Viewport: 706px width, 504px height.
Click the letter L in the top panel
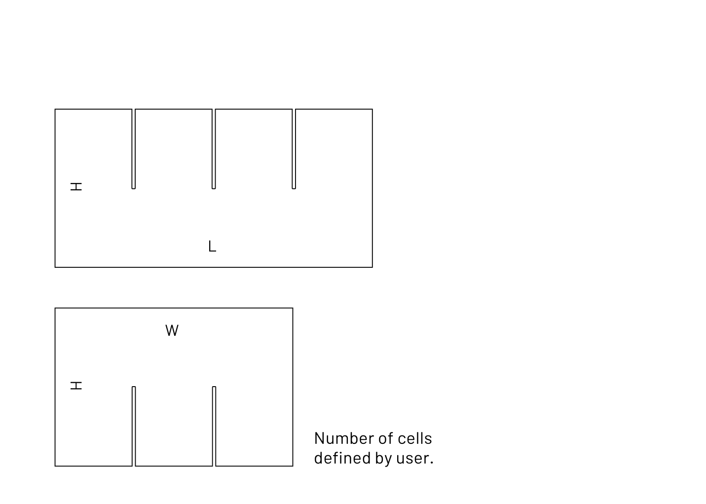(212, 246)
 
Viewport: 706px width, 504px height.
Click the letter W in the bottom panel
(172, 330)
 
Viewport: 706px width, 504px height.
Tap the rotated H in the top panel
(76, 186)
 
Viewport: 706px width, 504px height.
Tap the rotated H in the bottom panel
(76, 386)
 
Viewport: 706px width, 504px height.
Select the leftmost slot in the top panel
(134, 149)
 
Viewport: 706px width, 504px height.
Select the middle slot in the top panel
(214, 149)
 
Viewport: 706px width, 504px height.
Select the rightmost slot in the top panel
(294, 149)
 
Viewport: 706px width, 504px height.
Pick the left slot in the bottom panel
(134, 426)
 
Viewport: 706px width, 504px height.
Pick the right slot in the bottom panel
(214, 426)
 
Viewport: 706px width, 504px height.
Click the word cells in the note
(415, 438)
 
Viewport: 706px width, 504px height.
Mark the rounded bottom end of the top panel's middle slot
(214, 189)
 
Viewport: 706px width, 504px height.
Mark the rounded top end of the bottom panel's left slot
(134, 387)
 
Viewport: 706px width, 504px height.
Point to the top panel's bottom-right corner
(372, 267)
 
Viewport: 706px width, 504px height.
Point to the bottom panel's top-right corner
(293, 308)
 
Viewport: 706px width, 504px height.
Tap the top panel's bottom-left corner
(55, 267)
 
